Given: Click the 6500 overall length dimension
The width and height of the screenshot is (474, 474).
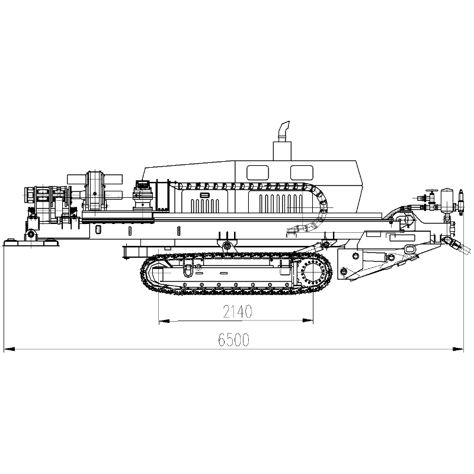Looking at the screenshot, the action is pyautogui.click(x=233, y=340).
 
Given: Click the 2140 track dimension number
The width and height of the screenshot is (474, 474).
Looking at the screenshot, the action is pyautogui.click(x=238, y=312).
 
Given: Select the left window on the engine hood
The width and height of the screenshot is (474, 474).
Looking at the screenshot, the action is pyautogui.click(x=258, y=172).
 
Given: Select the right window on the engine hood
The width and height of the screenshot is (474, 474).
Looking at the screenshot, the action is pyautogui.click(x=302, y=172).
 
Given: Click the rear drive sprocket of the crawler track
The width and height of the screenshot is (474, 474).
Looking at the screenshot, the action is pyautogui.click(x=313, y=273).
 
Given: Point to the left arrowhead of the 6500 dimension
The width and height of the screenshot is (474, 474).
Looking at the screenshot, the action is pyautogui.click(x=9, y=350).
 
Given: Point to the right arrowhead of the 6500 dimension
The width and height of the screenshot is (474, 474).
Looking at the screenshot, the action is pyautogui.click(x=457, y=350).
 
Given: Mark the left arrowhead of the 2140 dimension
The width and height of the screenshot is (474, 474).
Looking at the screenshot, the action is pyautogui.click(x=164, y=321).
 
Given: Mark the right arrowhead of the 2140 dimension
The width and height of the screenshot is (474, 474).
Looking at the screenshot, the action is pyautogui.click(x=308, y=321).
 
